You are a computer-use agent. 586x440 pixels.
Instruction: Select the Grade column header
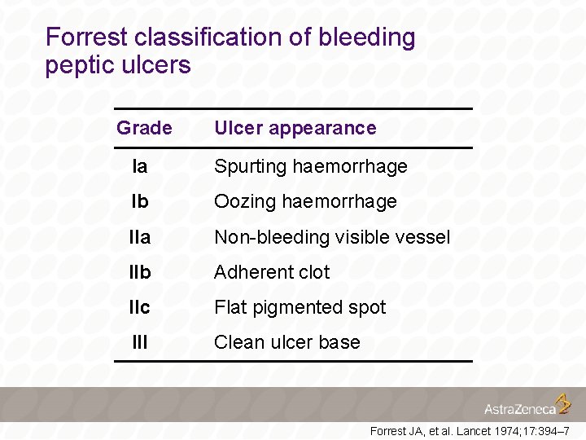pos(144,128)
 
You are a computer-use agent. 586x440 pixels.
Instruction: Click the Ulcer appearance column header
pos(295,128)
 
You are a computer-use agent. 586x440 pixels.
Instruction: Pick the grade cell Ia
pos(140,166)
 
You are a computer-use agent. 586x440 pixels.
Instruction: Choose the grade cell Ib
pos(140,201)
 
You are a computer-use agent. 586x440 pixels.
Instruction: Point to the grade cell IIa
pos(140,237)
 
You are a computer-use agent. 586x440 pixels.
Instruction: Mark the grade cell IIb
pos(140,272)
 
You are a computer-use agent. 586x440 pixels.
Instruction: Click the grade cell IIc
pos(140,307)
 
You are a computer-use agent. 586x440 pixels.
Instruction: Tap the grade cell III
pos(140,342)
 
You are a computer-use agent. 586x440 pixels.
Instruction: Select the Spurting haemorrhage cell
pos(310,166)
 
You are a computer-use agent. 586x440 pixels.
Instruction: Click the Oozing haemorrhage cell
pos(305,201)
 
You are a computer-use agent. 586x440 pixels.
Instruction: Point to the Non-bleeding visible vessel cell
pos(331,237)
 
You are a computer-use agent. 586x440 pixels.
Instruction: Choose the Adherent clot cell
pos(272,272)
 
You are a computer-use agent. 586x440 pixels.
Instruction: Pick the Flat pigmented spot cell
pos(300,307)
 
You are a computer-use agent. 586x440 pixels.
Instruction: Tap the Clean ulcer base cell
pos(286,342)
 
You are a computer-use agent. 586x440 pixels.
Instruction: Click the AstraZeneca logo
pos(527,406)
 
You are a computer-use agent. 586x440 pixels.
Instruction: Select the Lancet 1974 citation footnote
pos(469,430)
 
